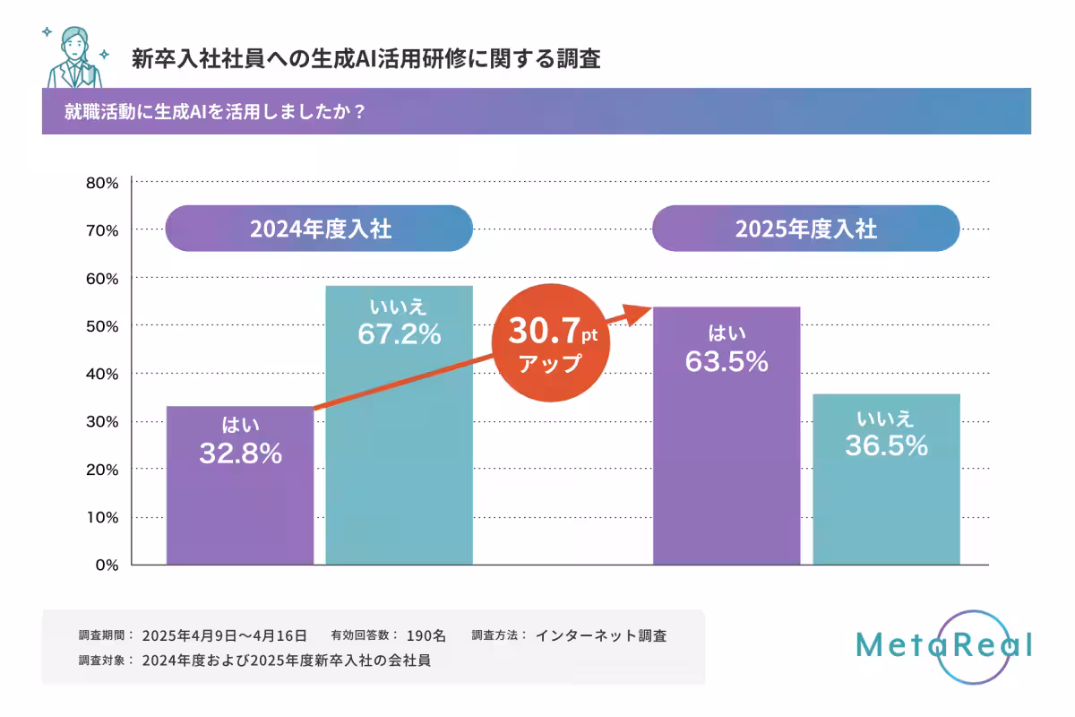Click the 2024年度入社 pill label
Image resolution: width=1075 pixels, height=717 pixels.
point(320,229)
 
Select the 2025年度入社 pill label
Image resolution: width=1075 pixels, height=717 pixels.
point(805,229)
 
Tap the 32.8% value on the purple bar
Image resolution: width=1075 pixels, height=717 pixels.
point(240,454)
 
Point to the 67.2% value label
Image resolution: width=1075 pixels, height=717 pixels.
point(399,333)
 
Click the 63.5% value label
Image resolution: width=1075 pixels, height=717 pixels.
point(727,362)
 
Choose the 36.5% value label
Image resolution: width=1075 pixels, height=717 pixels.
point(885,445)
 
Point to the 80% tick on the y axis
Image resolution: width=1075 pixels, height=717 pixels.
point(102,183)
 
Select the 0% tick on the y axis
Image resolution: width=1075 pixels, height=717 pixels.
point(107,565)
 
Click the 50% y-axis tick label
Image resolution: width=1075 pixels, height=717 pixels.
point(102,326)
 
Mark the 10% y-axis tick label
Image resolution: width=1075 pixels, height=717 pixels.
point(102,517)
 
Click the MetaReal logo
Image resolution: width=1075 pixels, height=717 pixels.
point(943,644)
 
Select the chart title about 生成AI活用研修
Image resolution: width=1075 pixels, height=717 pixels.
point(365,59)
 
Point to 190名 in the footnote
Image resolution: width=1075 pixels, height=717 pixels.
point(426,635)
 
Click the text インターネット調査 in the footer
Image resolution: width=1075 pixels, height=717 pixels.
point(600,635)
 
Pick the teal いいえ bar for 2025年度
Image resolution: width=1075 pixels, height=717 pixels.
point(885,502)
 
